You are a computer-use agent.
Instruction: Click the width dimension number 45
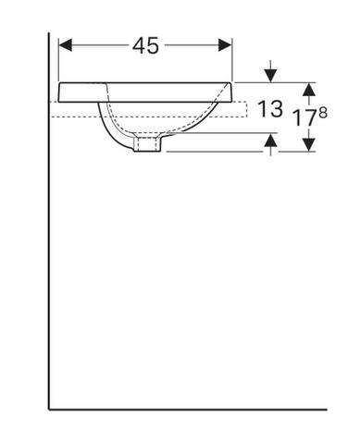145,44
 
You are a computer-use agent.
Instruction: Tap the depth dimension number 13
270,110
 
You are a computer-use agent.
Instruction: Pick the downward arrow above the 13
270,72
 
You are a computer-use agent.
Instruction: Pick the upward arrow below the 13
270,140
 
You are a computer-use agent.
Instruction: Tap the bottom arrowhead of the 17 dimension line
310,145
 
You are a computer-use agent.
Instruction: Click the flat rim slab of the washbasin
148,92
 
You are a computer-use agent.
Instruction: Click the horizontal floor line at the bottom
185,408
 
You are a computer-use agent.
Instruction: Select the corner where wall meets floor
49,408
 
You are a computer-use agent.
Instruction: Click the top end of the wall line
49,34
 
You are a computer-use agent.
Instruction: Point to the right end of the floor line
325,408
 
